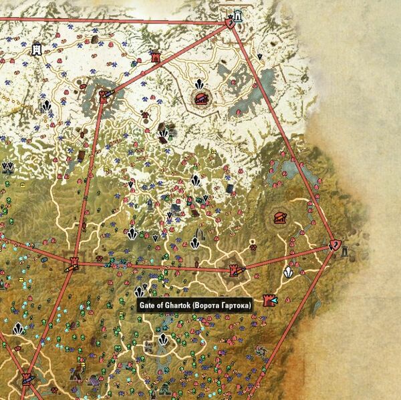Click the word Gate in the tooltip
pos(146,305)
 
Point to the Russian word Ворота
pos(207,305)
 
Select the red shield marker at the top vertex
pos(229,23)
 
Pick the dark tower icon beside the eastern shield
pos(346,250)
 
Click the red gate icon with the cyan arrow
pos(271,298)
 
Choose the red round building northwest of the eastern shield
pos(280,217)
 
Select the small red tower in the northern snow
pos(157,58)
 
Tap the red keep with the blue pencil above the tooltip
pos(235,270)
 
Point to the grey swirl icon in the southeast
pos(261,351)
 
